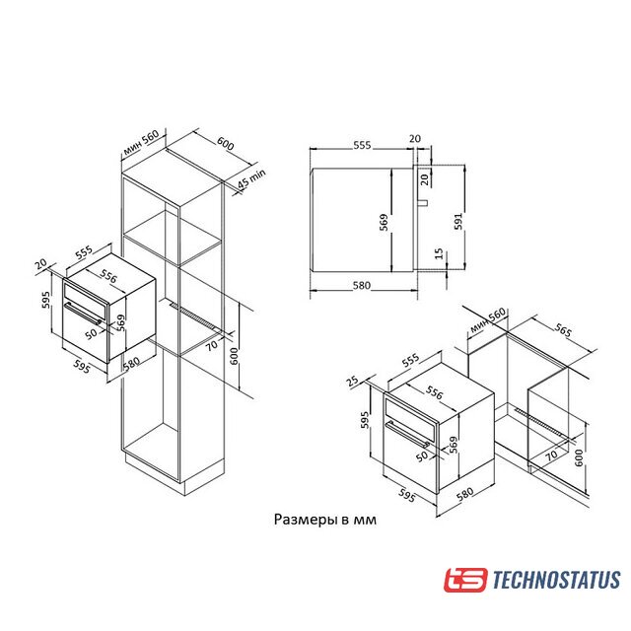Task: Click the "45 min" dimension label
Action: click(251, 178)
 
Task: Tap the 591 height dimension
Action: click(458, 221)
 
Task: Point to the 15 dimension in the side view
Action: click(439, 254)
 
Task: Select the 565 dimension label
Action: click(563, 330)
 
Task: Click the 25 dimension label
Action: click(352, 381)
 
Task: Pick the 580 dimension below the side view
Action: click(362, 285)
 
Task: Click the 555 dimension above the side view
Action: click(362, 145)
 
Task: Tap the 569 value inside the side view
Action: click(384, 222)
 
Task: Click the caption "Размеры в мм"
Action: click(325, 520)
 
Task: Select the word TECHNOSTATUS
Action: click(556, 580)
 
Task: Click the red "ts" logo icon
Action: click(465, 580)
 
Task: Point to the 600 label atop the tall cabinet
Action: click(226, 143)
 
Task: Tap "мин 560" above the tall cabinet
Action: click(141, 142)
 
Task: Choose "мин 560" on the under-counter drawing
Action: click(488, 320)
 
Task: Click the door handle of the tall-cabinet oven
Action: click(83, 314)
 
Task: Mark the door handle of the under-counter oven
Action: click(407, 434)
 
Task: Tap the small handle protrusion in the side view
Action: click(422, 202)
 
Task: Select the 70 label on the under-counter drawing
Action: click(551, 456)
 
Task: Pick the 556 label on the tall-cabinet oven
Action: click(108, 276)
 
